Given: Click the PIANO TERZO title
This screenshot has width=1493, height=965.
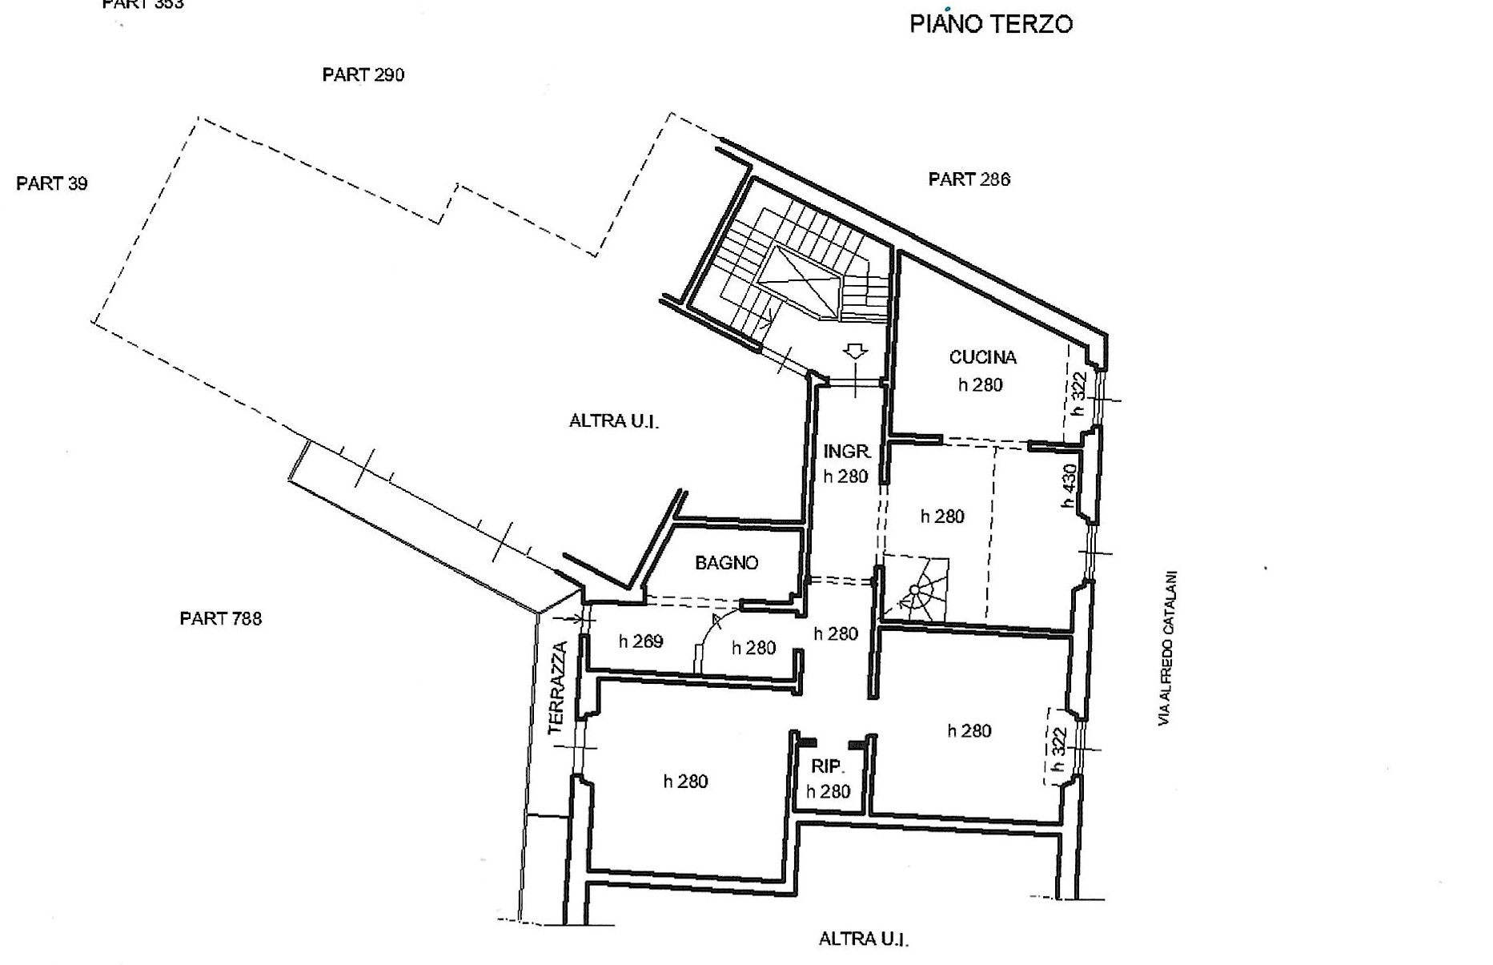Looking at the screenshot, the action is [991, 24].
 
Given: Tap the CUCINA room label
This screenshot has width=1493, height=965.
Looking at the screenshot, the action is [982, 357].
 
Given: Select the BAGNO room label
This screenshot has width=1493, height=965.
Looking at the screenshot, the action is [726, 563].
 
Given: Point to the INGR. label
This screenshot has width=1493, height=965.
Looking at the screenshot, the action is [847, 452].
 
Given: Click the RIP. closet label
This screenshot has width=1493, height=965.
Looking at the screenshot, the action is [827, 766].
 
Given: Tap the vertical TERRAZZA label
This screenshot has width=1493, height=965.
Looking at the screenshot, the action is [558, 688].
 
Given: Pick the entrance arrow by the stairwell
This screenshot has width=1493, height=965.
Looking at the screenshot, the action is [856, 352].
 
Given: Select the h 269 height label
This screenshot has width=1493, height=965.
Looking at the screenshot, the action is [640, 641].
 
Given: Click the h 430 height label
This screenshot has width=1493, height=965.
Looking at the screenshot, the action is [1070, 486].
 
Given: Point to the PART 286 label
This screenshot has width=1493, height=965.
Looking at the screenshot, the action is [969, 179].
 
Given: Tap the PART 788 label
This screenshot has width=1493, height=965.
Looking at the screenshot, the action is [220, 618].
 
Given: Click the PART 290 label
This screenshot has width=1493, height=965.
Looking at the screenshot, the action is [363, 74].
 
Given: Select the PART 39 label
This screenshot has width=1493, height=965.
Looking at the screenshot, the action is [52, 183].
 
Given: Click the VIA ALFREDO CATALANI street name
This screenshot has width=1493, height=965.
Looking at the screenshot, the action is [1169, 649].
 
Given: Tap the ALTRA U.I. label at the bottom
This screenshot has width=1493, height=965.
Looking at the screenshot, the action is [863, 939].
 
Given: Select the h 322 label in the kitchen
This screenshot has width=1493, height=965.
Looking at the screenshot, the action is [1079, 393].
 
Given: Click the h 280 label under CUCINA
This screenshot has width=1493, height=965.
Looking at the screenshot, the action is [981, 385].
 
